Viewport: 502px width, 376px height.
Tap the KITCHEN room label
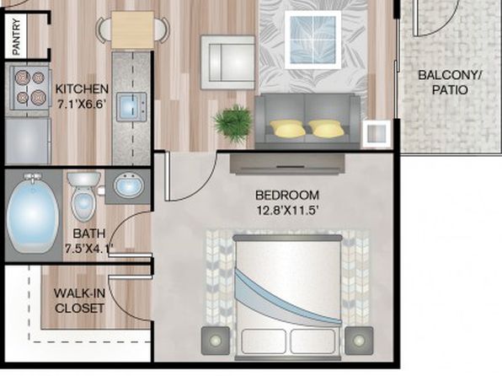pyautogui.click(x=82, y=89)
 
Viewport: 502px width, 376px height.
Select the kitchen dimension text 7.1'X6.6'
pyautogui.click(x=82, y=105)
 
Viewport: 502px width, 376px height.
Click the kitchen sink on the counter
pyautogui.click(x=131, y=107)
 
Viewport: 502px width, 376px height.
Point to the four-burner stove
pyautogui.click(x=29, y=88)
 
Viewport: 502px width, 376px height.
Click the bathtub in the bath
pyautogui.click(x=33, y=213)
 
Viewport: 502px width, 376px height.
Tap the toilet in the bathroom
pyautogui.click(x=83, y=196)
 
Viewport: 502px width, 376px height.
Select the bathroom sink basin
pyautogui.click(x=129, y=185)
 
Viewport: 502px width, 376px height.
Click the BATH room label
pyautogui.click(x=89, y=234)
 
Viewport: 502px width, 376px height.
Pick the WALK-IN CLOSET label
pyautogui.click(x=79, y=301)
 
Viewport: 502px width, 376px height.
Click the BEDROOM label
pyautogui.click(x=287, y=196)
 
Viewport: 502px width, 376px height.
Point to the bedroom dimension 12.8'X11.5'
pyautogui.click(x=287, y=211)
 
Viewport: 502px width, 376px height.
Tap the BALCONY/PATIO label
pyautogui.click(x=450, y=83)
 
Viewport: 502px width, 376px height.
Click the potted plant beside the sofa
pyautogui.click(x=232, y=123)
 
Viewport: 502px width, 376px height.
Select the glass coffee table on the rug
pyautogui.click(x=312, y=40)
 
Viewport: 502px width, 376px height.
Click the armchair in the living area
pyautogui.click(x=228, y=62)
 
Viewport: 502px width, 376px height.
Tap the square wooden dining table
pyautogui.click(x=132, y=30)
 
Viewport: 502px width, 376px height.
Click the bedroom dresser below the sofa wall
pyautogui.click(x=287, y=164)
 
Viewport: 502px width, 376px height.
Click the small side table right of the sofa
pyautogui.click(x=376, y=134)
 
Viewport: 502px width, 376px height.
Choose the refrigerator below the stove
pyautogui.click(x=28, y=141)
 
